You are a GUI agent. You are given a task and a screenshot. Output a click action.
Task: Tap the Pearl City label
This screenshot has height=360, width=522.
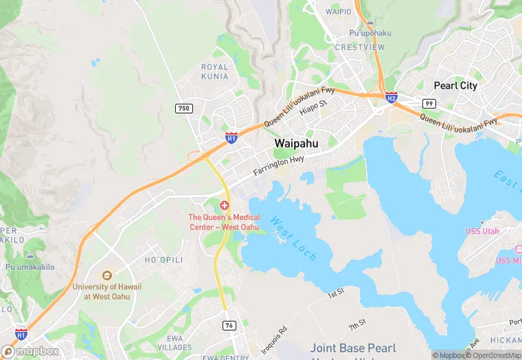click(x=455, y=86)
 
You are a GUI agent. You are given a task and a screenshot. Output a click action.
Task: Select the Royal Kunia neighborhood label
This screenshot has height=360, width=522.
click(x=214, y=71)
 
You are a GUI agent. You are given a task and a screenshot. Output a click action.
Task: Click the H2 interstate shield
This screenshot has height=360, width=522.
click(x=391, y=98)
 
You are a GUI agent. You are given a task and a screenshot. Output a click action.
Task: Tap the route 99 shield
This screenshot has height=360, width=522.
click(x=429, y=103)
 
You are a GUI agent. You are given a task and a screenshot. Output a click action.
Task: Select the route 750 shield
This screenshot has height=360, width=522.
click(x=183, y=108)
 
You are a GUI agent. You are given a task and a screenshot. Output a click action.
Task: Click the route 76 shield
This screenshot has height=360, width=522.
click(x=229, y=324)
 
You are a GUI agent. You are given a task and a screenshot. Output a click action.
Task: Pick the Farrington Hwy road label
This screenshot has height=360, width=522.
click(x=278, y=165)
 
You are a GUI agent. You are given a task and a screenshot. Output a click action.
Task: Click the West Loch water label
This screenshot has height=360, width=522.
click(x=293, y=238)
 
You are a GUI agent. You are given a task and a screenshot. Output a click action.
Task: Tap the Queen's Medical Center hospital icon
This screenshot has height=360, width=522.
click(x=225, y=206)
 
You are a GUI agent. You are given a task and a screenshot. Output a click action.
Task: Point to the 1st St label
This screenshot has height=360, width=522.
click(x=336, y=293)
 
